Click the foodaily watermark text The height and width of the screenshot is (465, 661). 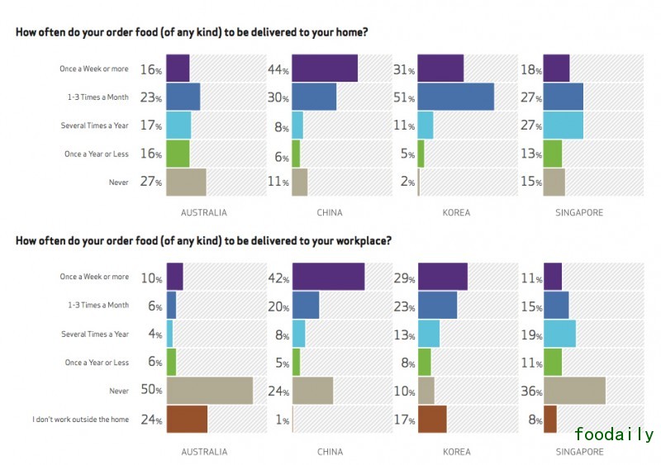[614, 434]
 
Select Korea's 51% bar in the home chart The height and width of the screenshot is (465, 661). [456, 97]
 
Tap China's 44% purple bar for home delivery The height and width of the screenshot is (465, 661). [325, 69]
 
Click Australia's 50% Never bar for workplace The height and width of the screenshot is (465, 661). [209, 390]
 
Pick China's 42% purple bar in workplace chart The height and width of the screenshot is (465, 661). [328, 277]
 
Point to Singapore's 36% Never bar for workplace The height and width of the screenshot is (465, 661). [574, 390]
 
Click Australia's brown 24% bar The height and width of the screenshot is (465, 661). [187, 419]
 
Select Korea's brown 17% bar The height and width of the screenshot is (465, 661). [432, 419]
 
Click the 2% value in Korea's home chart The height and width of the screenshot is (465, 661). [405, 183]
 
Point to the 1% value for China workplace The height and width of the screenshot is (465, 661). [281, 420]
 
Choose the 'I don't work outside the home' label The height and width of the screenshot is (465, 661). [80, 420]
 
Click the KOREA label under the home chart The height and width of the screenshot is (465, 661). [456, 212]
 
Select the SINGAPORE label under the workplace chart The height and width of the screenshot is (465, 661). [579, 452]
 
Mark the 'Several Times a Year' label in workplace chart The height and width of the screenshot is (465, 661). [95, 334]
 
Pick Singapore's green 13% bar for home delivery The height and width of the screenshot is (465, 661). [553, 154]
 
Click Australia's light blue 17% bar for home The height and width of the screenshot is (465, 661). [178, 126]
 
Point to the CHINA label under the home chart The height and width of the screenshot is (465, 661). [330, 212]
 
